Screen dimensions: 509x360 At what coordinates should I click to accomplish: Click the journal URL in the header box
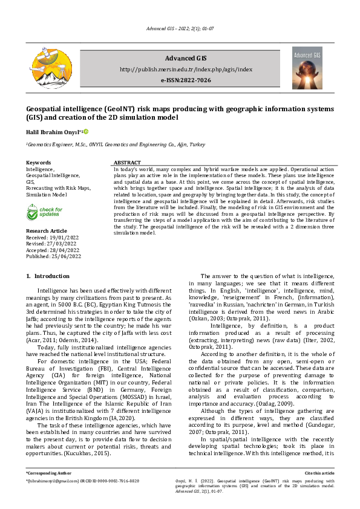186,70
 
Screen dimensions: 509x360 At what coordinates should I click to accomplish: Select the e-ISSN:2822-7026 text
186,80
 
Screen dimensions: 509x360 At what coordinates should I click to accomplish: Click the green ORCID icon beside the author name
86,132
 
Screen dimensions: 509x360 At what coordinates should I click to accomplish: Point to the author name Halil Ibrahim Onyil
53,132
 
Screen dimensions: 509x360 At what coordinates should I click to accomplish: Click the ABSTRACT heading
127,163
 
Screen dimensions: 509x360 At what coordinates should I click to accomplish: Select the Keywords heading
38,163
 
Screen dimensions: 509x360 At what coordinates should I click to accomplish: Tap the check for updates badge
45,212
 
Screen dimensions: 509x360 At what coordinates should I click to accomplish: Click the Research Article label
47,232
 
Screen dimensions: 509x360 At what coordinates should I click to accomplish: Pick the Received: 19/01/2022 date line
53,238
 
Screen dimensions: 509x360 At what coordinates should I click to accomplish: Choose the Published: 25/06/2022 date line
53,256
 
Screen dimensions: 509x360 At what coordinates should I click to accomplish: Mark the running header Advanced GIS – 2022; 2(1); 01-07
180,29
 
